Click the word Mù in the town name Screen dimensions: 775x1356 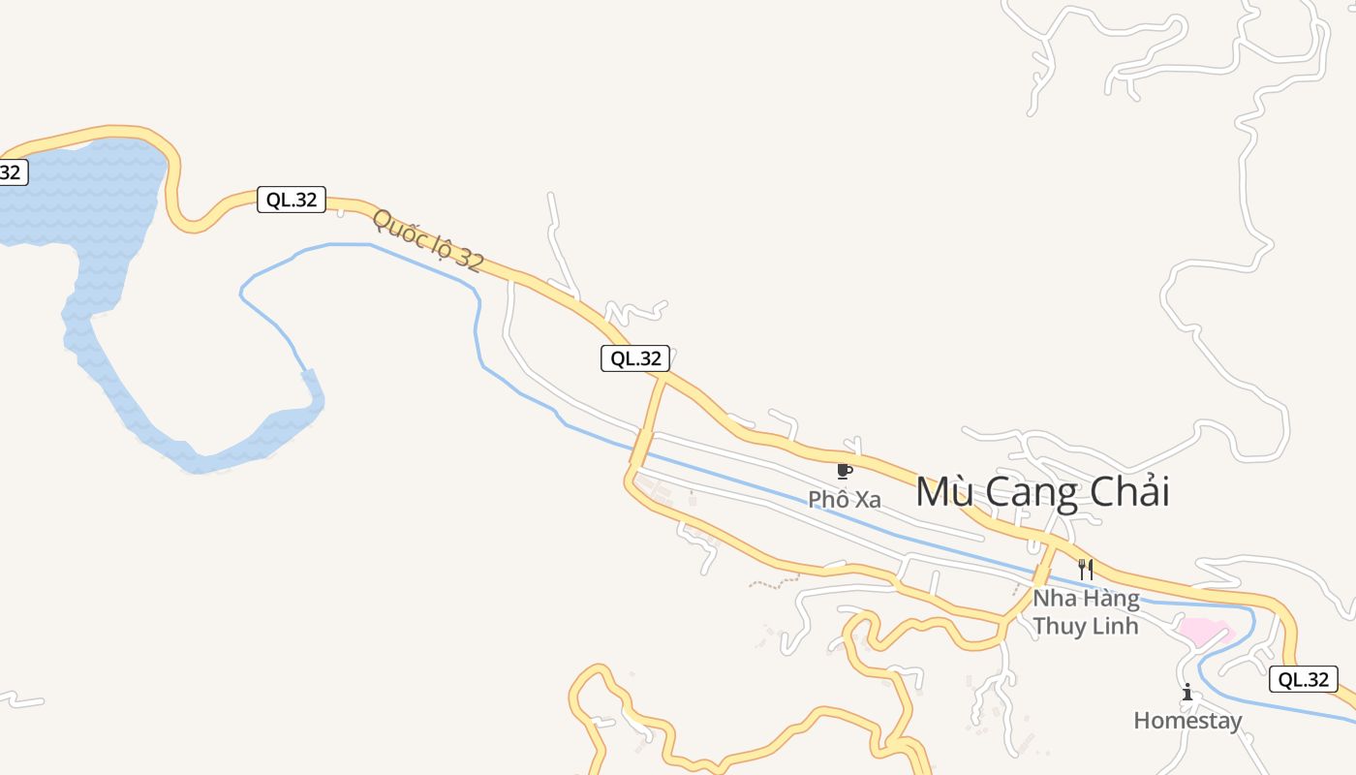point(939,492)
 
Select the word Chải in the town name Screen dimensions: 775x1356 point(1129,492)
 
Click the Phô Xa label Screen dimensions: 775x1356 point(845,500)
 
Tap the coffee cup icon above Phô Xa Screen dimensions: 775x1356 point(844,472)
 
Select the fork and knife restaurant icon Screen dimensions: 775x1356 point(1086,570)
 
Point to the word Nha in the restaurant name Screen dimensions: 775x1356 point(1052,598)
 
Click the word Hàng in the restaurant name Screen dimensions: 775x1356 point(1108,598)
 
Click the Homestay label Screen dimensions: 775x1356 point(1187,721)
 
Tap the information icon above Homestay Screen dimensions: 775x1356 point(1187,692)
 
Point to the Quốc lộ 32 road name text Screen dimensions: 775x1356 point(427,240)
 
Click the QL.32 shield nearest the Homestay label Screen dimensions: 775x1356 point(1303,679)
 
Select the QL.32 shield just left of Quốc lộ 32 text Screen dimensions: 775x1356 point(291,200)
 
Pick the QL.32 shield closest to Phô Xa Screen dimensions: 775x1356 point(634,358)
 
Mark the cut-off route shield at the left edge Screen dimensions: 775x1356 point(12,172)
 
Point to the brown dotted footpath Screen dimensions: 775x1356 point(774,582)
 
